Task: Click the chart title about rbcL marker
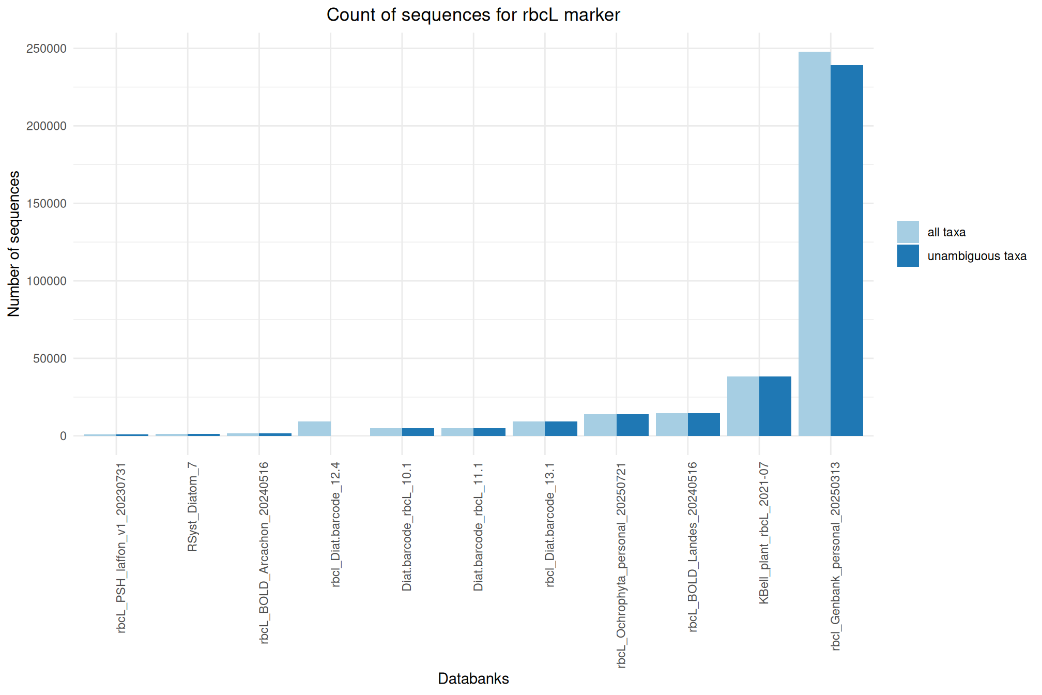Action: click(473, 15)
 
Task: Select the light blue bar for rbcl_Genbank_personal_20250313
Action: click(814, 243)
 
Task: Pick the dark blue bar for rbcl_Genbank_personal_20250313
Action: click(847, 251)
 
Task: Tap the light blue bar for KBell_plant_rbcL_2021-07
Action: click(743, 406)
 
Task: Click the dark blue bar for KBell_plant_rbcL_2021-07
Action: click(775, 406)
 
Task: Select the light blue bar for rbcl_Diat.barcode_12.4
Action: click(314, 429)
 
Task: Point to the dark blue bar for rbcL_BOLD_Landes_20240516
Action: click(704, 425)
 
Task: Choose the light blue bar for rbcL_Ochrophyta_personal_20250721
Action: click(600, 425)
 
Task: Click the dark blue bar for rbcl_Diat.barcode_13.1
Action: click(561, 429)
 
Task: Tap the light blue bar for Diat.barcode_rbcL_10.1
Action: click(386, 432)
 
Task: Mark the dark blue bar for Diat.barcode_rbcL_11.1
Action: click(489, 432)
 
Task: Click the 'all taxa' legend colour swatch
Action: click(908, 232)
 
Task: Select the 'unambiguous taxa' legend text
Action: click(977, 256)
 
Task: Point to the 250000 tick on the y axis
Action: click(47, 49)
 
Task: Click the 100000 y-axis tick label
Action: click(47, 281)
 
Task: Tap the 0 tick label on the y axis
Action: click(63, 436)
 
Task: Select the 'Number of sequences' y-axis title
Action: click(14, 243)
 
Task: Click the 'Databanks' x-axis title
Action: click(473, 678)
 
